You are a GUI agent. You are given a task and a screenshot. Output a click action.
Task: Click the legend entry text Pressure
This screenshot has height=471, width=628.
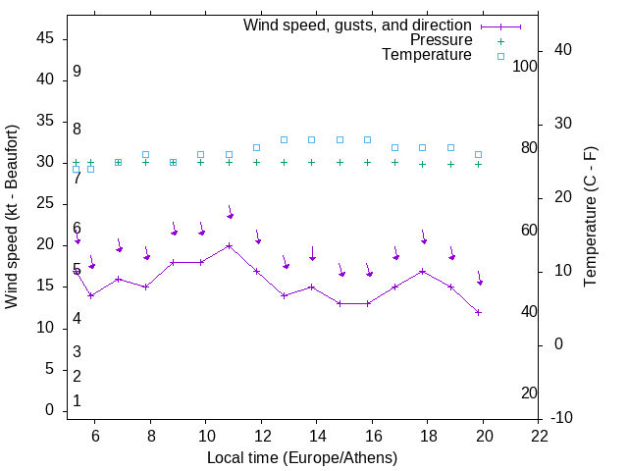441,40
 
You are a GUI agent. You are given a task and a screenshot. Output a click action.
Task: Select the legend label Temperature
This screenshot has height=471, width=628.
427,56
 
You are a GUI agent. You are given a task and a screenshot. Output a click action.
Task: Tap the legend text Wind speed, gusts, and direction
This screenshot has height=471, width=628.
358,25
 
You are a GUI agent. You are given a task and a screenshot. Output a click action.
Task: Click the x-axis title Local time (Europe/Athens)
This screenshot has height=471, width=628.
302,458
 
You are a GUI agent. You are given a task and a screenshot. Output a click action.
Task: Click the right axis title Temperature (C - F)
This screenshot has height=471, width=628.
590,217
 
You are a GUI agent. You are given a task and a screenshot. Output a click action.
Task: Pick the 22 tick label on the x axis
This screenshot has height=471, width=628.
540,434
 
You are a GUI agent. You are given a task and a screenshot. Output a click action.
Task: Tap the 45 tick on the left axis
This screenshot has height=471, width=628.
45,38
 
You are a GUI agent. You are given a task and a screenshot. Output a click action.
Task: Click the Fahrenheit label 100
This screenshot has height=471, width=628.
526,66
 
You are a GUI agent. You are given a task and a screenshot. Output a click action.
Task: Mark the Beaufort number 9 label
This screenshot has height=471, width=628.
77,72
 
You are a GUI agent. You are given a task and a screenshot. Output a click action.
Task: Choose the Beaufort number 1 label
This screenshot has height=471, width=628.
77,400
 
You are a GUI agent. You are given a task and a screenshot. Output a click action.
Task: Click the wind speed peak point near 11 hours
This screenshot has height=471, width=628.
229,245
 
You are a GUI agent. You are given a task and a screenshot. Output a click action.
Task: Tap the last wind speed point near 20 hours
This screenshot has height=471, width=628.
478,312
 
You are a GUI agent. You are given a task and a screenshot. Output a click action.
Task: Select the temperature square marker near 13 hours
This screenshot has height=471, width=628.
284,139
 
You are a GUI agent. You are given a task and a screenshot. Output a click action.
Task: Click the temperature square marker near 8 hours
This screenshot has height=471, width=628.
145,154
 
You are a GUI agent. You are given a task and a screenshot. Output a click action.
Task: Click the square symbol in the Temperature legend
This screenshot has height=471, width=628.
499,56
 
